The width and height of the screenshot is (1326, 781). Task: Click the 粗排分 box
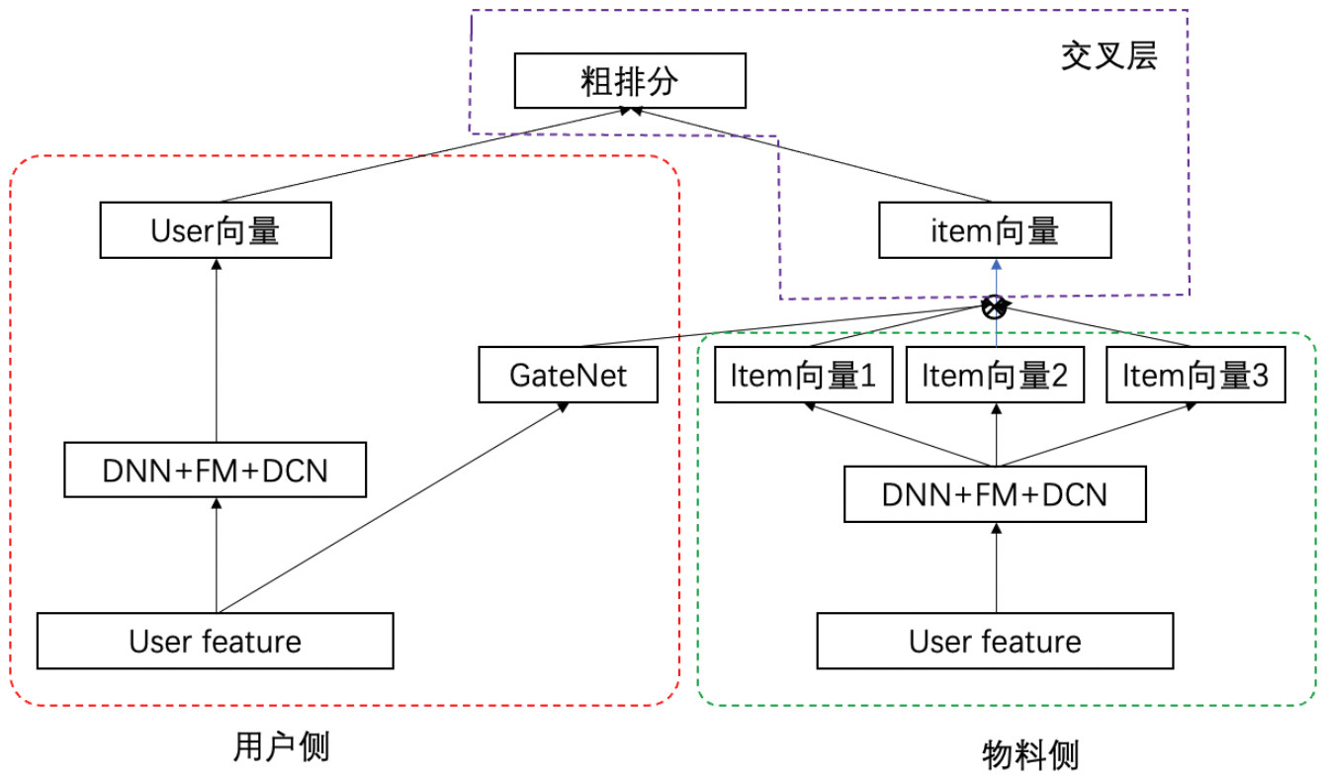[630, 81]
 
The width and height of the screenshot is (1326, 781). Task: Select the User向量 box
[215, 231]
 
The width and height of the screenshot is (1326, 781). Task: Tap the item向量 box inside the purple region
[996, 231]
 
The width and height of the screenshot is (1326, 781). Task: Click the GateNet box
[568, 375]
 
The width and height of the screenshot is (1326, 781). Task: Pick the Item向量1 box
[803, 376]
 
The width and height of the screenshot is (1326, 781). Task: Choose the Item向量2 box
[996, 376]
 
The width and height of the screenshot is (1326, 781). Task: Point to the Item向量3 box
[1194, 376]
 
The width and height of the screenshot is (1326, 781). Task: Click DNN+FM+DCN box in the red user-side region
[215, 471]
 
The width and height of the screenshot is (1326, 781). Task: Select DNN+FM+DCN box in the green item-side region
[995, 494]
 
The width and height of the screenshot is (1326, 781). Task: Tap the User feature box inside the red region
[215, 641]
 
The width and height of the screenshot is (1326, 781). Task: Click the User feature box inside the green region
[995, 641]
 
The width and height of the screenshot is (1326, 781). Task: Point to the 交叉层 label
[1108, 56]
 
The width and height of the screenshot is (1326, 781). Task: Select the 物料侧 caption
[1029, 755]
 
